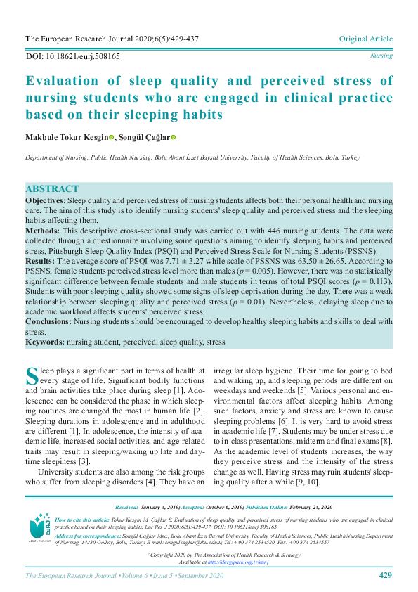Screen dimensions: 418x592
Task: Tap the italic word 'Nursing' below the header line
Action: pyautogui.click(x=381, y=56)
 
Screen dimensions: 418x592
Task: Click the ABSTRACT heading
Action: pyautogui.click(x=52, y=190)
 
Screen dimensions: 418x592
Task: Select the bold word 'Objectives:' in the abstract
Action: pyautogui.click(x=46, y=201)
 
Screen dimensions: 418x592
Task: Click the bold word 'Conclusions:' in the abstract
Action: pyautogui.click(x=48, y=321)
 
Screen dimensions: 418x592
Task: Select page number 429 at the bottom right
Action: pyautogui.click(x=385, y=576)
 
